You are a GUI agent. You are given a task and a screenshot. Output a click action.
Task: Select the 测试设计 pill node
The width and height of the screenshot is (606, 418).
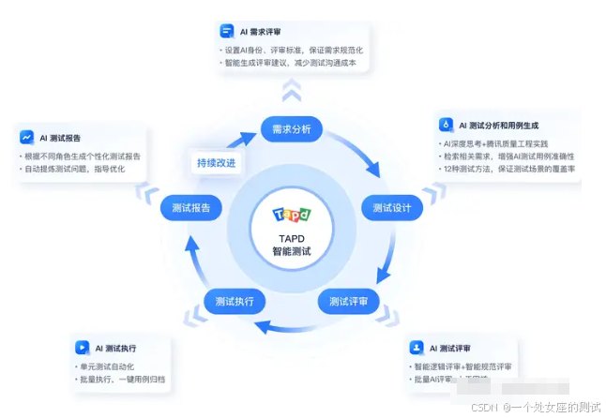click(392, 208)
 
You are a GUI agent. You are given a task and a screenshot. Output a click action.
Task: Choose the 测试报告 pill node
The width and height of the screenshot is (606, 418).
click(191, 207)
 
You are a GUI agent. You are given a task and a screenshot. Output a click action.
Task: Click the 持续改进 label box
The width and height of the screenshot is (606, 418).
click(217, 162)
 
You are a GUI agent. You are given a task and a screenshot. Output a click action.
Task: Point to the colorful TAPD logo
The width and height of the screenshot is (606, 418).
click(292, 215)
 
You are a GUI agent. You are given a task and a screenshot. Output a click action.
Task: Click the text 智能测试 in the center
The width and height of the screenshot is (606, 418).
click(292, 252)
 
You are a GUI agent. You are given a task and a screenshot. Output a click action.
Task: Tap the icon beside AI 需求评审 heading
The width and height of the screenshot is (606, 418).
click(226, 31)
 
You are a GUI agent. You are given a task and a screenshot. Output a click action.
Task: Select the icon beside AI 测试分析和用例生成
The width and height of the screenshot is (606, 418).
click(447, 124)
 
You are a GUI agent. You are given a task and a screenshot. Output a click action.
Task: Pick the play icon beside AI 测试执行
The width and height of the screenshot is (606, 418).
click(83, 348)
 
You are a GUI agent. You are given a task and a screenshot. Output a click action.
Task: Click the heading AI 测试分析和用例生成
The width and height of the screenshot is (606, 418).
click(505, 125)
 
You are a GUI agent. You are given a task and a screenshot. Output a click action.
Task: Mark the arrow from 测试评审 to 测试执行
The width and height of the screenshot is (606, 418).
click(291, 326)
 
